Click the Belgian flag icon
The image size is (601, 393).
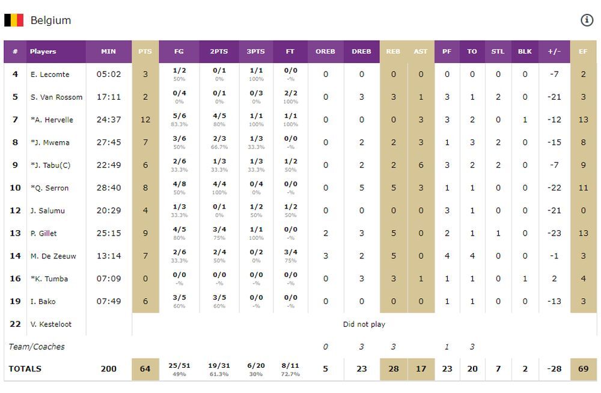point(14,20)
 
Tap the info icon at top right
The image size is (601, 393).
point(587,20)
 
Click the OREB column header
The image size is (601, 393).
point(325,52)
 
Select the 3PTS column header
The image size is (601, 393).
point(255,52)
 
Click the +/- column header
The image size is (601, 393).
point(554,52)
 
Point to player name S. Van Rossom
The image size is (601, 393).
point(56,97)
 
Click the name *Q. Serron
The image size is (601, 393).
point(50,188)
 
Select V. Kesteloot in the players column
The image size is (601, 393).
point(51,324)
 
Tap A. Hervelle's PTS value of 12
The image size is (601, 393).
point(145,120)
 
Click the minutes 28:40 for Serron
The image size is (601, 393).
point(109,188)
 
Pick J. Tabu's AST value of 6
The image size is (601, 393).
point(421,165)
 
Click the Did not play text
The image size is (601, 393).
point(364,324)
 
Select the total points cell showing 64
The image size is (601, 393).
point(145,369)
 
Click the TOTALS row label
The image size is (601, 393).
point(25,369)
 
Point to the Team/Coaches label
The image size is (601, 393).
point(37,347)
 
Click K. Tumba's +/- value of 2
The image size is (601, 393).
point(554,279)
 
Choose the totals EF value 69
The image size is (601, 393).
point(583,369)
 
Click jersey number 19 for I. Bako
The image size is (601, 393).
point(15,302)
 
